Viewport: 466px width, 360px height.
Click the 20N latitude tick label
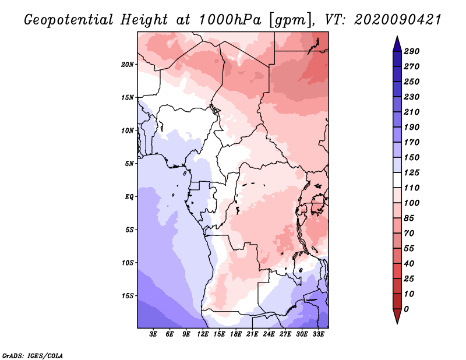pyautogui.click(x=128, y=65)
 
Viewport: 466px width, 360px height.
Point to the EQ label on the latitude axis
pyautogui.click(x=129, y=197)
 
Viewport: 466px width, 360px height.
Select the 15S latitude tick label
pyautogui.click(x=128, y=296)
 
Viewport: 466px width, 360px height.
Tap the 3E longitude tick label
pyautogui.click(x=153, y=334)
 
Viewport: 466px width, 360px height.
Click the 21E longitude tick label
pyautogui.click(x=252, y=334)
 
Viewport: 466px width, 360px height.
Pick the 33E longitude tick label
pyautogui.click(x=318, y=334)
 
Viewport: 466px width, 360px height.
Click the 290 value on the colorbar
pyautogui.click(x=412, y=51)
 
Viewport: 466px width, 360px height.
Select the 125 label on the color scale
pyautogui.click(x=412, y=172)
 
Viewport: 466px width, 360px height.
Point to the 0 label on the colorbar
pyautogui.click(x=407, y=309)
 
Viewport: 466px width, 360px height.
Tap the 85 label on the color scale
pyautogui.click(x=409, y=218)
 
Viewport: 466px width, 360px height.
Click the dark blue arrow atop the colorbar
pyautogui.click(x=397, y=44)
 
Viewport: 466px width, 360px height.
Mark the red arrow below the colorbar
pyautogui.click(x=397, y=316)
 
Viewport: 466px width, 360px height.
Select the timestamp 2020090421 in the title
pyautogui.click(x=398, y=20)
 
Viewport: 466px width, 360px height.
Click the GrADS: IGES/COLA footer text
pyautogui.click(x=33, y=356)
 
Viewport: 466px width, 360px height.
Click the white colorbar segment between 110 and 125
pyautogui.click(x=397, y=180)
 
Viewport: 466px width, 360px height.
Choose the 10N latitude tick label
pyautogui.click(x=128, y=131)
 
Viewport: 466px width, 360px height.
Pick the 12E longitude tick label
pyautogui.click(x=203, y=334)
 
